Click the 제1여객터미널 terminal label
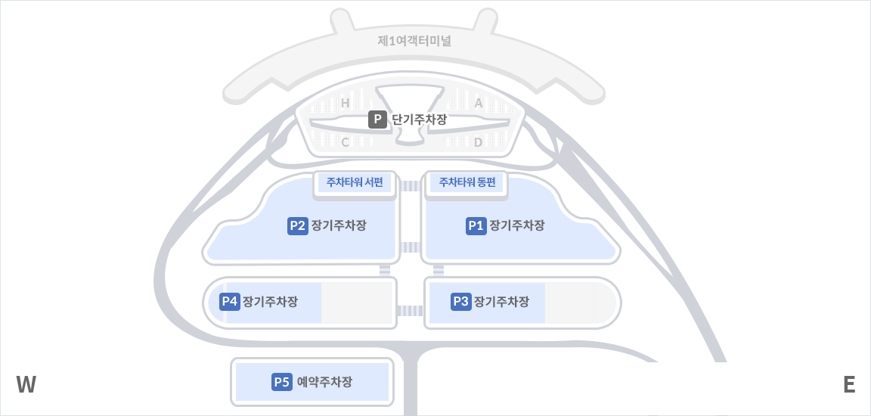414,41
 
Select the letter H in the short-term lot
345,103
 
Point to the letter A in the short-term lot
478,103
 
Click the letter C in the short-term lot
345,142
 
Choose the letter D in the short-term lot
478,142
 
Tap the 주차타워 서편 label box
355,182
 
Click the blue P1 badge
476,225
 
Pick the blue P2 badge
298,225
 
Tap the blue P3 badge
460,302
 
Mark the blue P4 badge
230,302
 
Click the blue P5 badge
282,382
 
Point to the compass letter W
26,385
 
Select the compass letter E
849,385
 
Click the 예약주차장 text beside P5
325,382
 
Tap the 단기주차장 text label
420,120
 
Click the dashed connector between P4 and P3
410,310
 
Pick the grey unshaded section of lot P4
356,303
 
